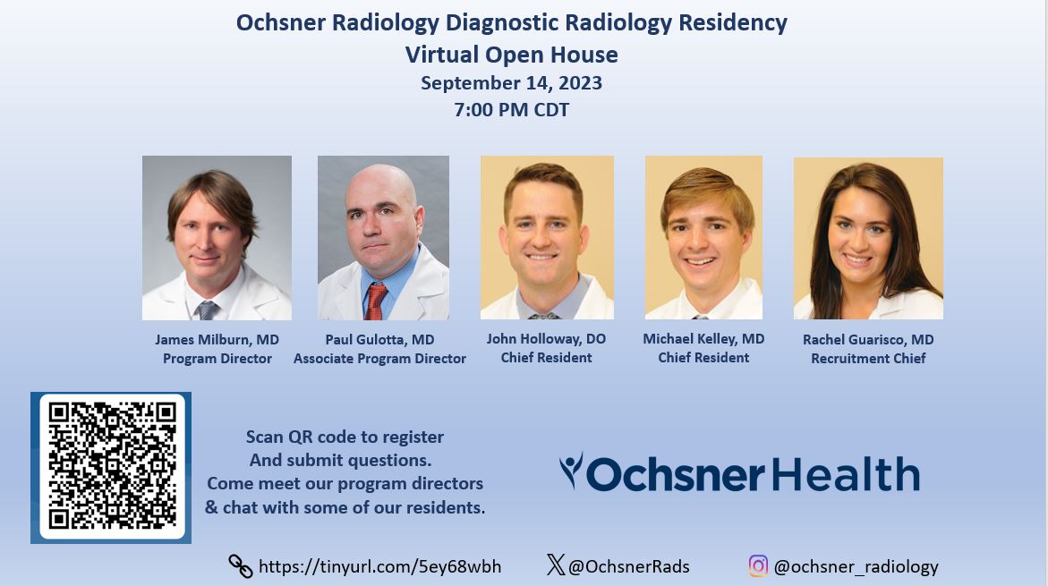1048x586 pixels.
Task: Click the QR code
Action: click(112, 467)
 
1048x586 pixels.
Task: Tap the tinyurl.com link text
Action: click(379, 566)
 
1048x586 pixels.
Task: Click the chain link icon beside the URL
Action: click(241, 566)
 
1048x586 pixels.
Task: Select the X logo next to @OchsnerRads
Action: click(556, 565)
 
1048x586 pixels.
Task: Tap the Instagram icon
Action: click(758, 565)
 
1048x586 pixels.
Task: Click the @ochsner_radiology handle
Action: click(856, 566)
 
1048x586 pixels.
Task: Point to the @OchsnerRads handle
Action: click(629, 566)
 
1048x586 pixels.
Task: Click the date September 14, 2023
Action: click(511, 83)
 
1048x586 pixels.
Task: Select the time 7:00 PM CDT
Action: click(511, 111)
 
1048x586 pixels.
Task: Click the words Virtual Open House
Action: click(511, 55)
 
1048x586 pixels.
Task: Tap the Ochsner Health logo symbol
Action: click(571, 470)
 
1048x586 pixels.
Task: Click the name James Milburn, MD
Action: click(217, 340)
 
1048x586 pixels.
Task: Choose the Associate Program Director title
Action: click(379, 359)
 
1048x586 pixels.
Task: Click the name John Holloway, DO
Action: click(546, 339)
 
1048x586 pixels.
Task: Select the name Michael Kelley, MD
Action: click(703, 339)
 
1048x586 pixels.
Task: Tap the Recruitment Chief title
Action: click(868, 359)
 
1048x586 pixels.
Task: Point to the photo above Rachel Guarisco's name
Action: click(868, 238)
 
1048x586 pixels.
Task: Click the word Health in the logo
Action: click(845, 474)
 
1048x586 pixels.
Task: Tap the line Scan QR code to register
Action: click(345, 437)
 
